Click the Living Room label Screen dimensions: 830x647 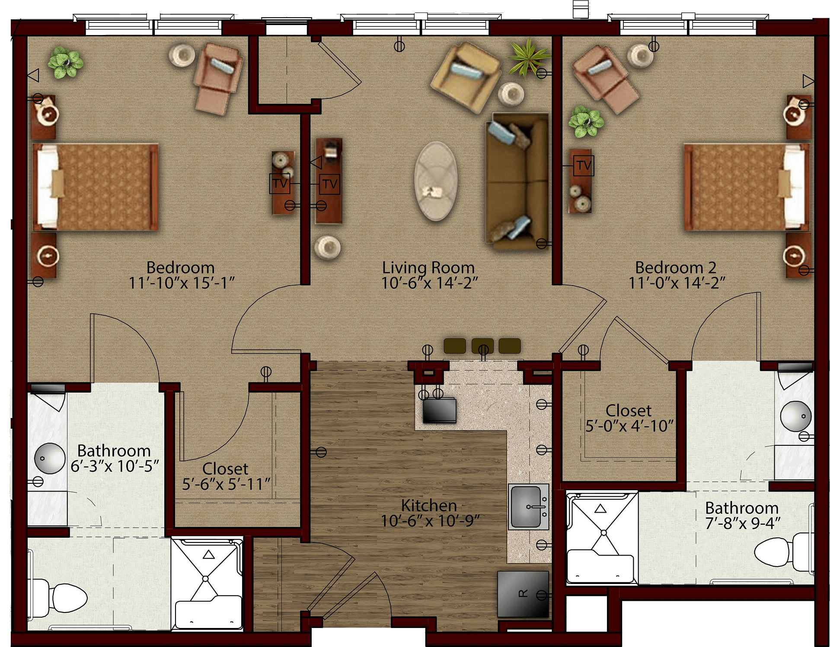coord(428,267)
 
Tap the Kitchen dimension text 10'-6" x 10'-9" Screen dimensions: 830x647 coord(430,521)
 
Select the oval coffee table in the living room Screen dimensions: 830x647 coord(436,181)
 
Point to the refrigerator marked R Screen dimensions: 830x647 coord(523,594)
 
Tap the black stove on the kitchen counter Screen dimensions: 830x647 coord(440,410)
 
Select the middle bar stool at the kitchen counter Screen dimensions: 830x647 coord(482,346)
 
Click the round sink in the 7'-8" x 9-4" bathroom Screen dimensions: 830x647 coord(796,416)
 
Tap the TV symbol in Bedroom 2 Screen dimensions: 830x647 coord(584,165)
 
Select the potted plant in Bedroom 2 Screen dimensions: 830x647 coord(586,121)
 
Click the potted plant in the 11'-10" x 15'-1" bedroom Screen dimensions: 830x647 coord(65,63)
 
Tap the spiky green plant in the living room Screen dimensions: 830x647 coord(529,58)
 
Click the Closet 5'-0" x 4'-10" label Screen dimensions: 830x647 coord(629,418)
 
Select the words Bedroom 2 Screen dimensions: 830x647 coord(676,267)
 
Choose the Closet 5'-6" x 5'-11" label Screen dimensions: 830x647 coord(226,476)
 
